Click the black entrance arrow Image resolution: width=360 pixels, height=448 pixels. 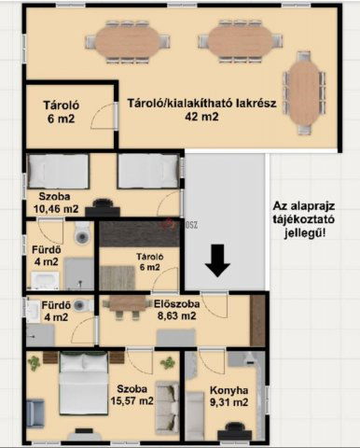click(217, 260)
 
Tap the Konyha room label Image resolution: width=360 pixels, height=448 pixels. click(228, 390)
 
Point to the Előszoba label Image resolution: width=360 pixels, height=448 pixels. click(176, 304)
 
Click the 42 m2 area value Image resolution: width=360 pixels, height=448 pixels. click(201, 117)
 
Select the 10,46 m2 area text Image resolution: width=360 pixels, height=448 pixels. click(56, 209)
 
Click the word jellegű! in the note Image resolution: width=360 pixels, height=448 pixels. click(305, 233)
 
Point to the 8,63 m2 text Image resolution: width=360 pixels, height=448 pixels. click(176, 315)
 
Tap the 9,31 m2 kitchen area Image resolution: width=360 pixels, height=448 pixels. click(228, 402)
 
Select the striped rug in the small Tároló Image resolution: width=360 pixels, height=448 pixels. click(118, 278)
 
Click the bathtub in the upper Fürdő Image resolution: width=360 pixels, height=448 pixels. click(45, 281)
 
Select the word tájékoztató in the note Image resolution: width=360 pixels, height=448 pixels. click(304, 219)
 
